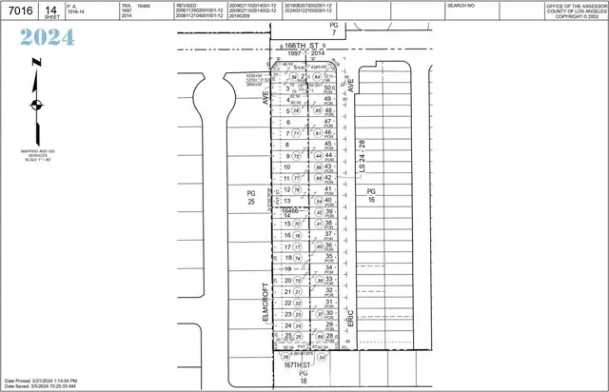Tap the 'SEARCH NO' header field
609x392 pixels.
pos(461,5)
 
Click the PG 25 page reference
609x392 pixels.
pos(252,196)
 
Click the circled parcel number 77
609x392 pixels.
pos(297,178)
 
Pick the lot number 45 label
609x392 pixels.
pos(327,144)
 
